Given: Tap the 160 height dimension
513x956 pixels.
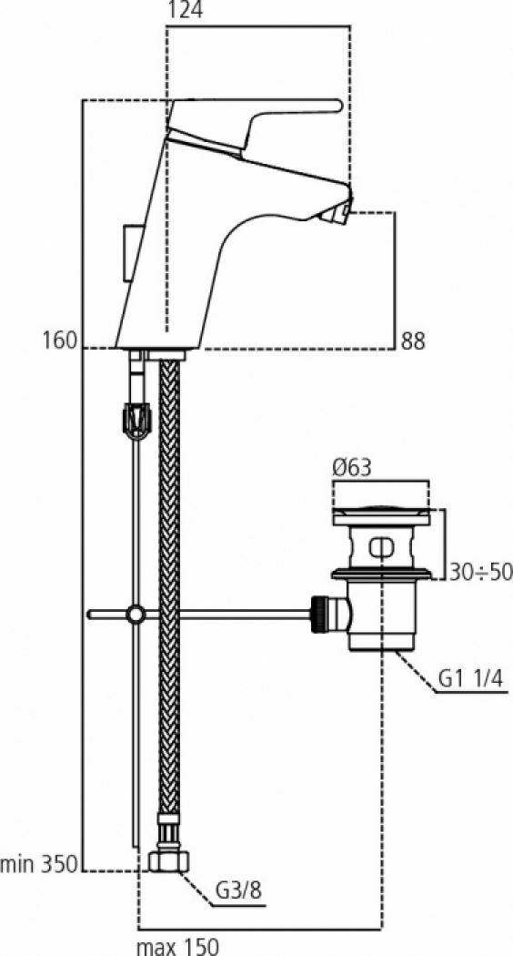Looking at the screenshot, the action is [x=60, y=341].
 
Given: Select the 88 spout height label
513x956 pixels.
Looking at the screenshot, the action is [x=412, y=341].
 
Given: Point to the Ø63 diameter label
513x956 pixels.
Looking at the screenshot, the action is [x=351, y=468].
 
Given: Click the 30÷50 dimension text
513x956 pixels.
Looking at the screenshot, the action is [x=480, y=572].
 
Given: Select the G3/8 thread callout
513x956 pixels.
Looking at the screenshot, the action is [x=238, y=891].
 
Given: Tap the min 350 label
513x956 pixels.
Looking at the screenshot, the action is [x=39, y=864].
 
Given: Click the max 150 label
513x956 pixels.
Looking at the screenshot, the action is [x=177, y=946].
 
